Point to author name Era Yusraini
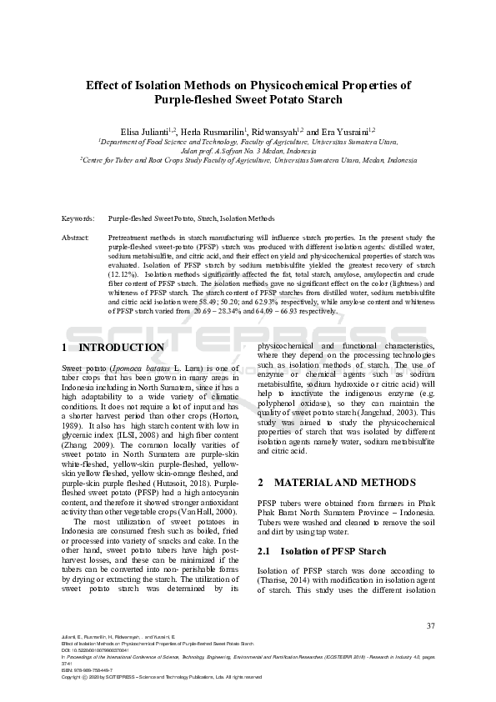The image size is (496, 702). click(342, 131)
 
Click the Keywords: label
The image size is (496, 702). click(78, 218)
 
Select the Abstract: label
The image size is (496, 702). click(76, 238)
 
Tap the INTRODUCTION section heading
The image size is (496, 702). click(121, 348)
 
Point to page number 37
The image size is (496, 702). click(430, 625)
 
